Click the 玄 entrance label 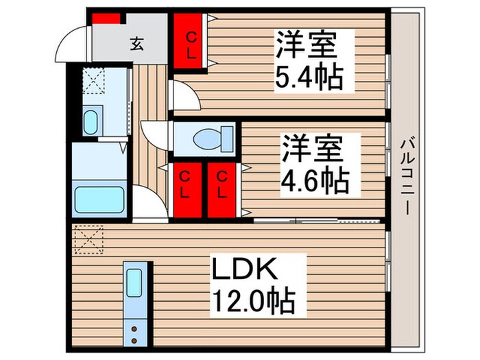tap(136, 45)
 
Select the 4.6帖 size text tap(315, 182)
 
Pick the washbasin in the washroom tap(91, 122)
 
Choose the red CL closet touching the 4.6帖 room tap(221, 191)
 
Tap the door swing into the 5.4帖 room tap(182, 96)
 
